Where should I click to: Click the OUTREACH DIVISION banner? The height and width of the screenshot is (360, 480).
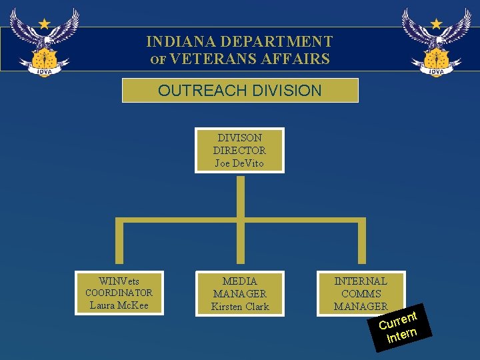[240, 90]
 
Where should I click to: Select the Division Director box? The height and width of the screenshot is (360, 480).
[239, 150]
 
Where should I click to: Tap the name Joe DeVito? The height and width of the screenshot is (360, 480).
[239, 163]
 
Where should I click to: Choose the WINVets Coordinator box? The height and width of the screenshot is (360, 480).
[119, 293]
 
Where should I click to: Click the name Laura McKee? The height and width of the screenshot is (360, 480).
[119, 305]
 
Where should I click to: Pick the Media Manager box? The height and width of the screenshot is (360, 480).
[239, 293]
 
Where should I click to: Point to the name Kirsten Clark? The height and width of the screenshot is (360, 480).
[239, 307]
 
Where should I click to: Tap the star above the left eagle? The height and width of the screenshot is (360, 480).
[44, 23]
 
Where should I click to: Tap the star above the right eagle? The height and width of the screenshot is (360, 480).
[436, 23]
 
